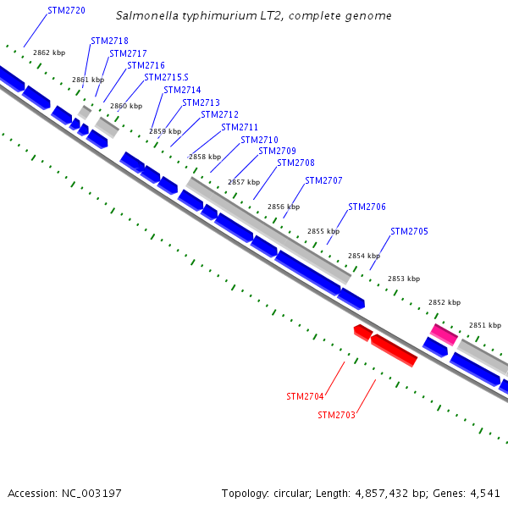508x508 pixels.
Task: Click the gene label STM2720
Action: [x=66, y=11]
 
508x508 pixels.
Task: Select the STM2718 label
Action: [x=109, y=41]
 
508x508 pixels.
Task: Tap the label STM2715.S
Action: [x=166, y=77]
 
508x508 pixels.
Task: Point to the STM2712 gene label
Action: [x=219, y=114]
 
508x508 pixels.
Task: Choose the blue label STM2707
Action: [x=323, y=180]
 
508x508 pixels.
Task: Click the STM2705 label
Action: [x=409, y=231]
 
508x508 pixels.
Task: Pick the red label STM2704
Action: [x=305, y=396]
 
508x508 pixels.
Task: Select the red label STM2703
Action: [x=336, y=415]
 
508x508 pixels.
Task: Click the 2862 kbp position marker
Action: [x=49, y=52]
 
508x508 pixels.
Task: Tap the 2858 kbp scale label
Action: [x=204, y=157]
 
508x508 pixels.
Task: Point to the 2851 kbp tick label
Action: [x=484, y=325]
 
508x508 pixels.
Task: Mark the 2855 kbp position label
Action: [x=323, y=231]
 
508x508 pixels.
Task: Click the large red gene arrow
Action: [x=394, y=350]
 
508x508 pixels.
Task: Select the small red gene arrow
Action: [x=362, y=331]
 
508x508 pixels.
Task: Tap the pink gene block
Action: [x=444, y=334]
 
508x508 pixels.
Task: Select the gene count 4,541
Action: [x=482, y=493]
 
